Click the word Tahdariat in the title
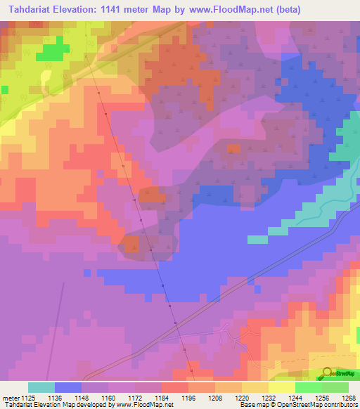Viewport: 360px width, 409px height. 30,9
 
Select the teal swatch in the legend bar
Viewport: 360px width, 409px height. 41,387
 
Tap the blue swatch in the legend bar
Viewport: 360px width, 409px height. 68,387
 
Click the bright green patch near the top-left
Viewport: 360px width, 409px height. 47,52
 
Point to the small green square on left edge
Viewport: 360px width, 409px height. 4,90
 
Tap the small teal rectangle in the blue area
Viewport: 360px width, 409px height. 257,240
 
